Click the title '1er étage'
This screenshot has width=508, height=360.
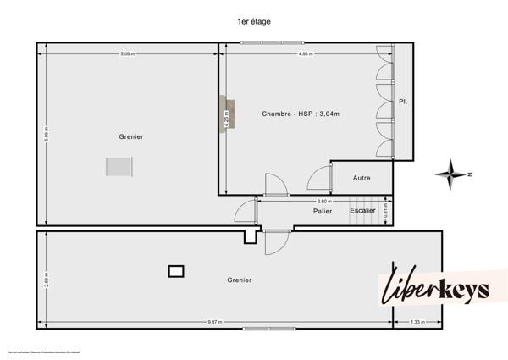click(x=254, y=21)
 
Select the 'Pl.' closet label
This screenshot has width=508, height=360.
click(x=403, y=102)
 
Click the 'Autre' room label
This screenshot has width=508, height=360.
click(x=362, y=178)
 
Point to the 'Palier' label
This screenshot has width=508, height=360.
click(x=322, y=211)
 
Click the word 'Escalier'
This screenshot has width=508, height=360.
click(x=362, y=210)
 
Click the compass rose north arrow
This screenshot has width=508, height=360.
click(x=452, y=174)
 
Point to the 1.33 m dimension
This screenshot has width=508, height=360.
click(x=417, y=323)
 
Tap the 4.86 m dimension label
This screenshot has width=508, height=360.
click(x=306, y=54)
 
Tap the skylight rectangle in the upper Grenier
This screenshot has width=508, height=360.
click(x=118, y=167)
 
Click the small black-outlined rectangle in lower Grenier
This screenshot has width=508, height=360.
click(x=176, y=271)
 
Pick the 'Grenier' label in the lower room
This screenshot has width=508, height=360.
click(x=240, y=280)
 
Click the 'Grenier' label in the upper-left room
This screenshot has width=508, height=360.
click(x=131, y=136)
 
